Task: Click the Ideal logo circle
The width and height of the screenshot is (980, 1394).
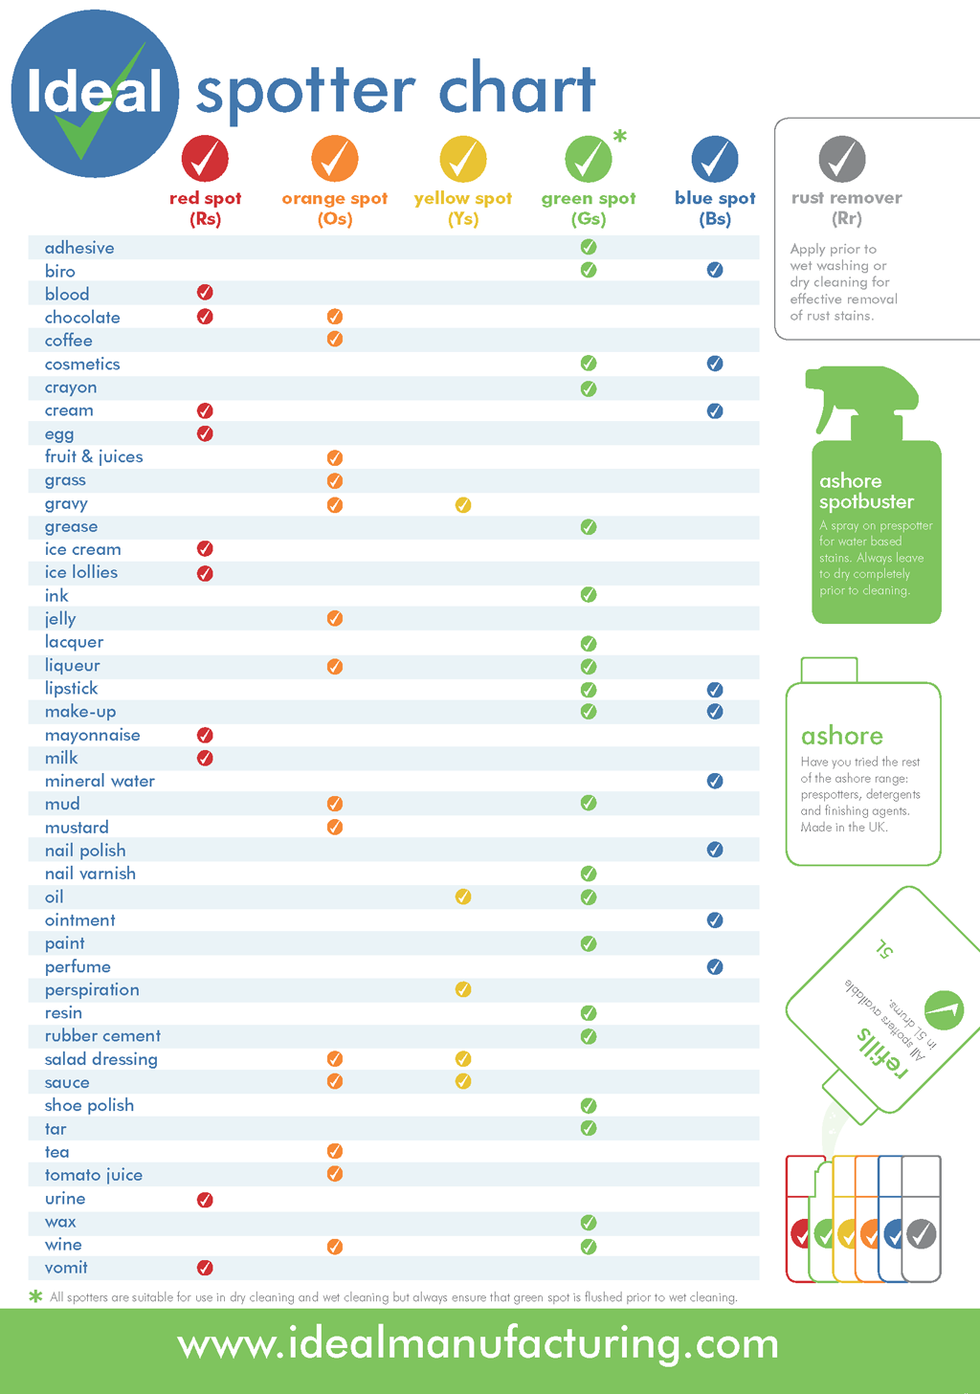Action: [94, 94]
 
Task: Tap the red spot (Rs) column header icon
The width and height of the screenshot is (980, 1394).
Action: [205, 159]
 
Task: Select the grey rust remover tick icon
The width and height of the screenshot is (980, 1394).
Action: [842, 159]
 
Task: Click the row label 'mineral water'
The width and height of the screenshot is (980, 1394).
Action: [100, 781]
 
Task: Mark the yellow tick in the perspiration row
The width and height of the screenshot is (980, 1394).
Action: [463, 989]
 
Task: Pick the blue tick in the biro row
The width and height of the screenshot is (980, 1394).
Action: [715, 270]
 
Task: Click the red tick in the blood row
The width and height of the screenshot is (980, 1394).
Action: [205, 293]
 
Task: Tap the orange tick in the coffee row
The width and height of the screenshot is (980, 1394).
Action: [335, 340]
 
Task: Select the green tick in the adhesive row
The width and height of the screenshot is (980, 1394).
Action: [589, 247]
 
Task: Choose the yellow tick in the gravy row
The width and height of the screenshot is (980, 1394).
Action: [463, 504]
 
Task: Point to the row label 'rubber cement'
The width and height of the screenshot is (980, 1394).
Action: [102, 1036]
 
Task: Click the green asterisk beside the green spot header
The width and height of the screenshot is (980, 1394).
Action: [620, 137]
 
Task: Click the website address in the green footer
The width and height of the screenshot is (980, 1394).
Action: [479, 1344]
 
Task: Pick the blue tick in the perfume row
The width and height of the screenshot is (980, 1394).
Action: [715, 966]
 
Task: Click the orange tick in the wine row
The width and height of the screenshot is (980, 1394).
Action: [335, 1246]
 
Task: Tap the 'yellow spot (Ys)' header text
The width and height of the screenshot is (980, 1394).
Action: [463, 209]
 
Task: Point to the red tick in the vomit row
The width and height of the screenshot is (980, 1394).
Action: [205, 1268]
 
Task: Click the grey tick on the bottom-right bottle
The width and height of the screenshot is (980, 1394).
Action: [921, 1234]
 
